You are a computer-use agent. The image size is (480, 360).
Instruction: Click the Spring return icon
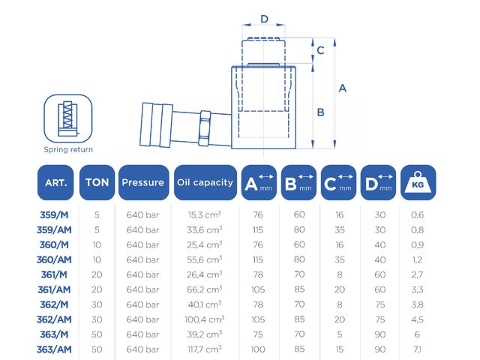tap(68, 118)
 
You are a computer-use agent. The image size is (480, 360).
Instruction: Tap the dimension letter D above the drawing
tap(264, 19)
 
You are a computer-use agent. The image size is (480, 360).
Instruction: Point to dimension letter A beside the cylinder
tap(343, 88)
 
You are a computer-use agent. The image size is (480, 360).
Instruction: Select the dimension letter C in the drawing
tap(320, 50)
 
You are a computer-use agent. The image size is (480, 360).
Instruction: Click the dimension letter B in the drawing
tap(320, 112)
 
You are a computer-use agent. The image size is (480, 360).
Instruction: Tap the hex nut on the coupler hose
tap(205, 128)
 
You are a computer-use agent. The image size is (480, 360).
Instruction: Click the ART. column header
tap(55, 182)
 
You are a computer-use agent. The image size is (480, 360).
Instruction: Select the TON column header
tap(97, 182)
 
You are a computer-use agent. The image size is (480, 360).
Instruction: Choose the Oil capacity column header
tap(205, 182)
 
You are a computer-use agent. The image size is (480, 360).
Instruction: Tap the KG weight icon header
tap(418, 182)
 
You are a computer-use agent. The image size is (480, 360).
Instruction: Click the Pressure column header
tap(143, 182)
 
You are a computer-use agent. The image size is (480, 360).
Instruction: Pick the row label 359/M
tap(54, 215)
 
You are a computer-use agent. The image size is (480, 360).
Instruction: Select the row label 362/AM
tap(54, 319)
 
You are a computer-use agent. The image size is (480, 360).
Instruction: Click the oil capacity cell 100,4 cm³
tap(205, 319)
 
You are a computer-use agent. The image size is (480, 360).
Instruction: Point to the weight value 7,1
tap(417, 349)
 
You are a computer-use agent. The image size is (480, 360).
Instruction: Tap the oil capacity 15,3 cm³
tap(205, 215)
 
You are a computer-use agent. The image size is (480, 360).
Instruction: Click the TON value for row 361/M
tap(97, 274)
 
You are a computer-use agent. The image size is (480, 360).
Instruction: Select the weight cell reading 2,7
tap(417, 274)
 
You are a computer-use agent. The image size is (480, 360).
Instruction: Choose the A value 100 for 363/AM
tap(258, 349)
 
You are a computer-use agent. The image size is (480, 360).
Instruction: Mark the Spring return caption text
tap(68, 149)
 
